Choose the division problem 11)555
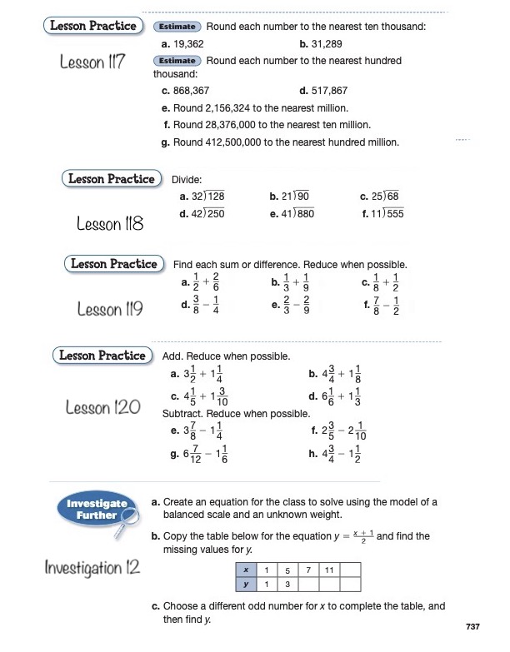pyautogui.click(x=383, y=213)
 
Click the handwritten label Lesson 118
pyautogui.click(x=109, y=224)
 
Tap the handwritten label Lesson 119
pyautogui.click(x=108, y=310)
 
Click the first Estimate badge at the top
pyautogui.click(x=177, y=27)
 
